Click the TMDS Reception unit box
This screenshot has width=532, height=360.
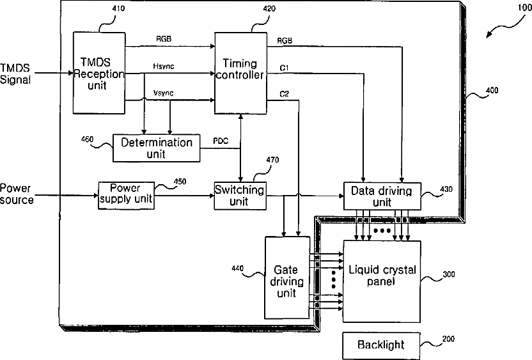point(99,73)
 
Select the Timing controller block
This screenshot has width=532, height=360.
point(240,73)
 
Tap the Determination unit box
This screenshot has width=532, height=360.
point(157,148)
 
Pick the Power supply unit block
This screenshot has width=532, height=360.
point(126,196)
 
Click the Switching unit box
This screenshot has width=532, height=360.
point(240,196)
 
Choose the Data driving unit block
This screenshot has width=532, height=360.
point(382,196)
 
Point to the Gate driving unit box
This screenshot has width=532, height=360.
point(287,278)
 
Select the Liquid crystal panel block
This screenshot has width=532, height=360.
point(382,281)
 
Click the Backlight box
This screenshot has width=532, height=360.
point(381,345)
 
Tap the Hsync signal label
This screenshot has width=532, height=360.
point(164,66)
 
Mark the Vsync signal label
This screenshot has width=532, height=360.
point(164,93)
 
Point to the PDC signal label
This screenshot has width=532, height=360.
point(221,141)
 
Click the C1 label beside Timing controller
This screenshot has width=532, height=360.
point(285,68)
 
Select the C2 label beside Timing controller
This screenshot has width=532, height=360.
point(285,93)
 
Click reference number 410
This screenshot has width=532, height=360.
point(118,8)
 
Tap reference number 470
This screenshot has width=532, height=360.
point(273,160)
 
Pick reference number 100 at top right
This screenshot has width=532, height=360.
point(525,8)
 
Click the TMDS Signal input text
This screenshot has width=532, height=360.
point(15,74)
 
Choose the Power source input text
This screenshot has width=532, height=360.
point(17,194)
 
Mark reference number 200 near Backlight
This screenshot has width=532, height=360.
point(448,339)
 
